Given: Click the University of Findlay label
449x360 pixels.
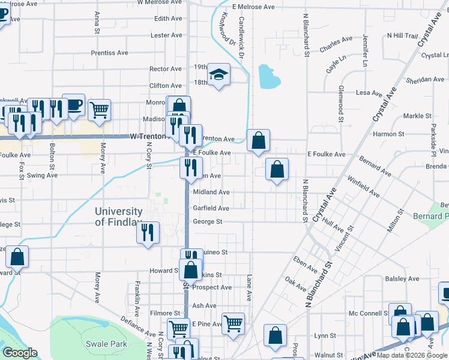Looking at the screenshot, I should tap(118, 217).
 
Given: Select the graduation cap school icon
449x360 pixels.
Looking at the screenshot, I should tap(218, 74).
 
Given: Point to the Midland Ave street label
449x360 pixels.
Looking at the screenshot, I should tap(211, 192).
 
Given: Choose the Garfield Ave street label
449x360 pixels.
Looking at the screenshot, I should tap(211, 208).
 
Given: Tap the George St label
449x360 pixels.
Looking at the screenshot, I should tap(207, 222).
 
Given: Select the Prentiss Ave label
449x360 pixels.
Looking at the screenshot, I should tap(110, 53).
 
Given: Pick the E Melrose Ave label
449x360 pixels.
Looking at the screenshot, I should tap(253, 7).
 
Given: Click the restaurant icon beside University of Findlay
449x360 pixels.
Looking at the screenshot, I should tap(148, 232).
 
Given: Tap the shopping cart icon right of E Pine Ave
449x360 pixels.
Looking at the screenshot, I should tap(233, 323).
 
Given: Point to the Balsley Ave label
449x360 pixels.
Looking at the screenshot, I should tap(402, 279).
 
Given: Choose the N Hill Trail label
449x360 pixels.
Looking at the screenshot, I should tap(402, 35).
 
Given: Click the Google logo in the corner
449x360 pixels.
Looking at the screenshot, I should tap(20, 353).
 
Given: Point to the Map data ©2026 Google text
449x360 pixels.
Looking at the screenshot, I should tap(412, 355).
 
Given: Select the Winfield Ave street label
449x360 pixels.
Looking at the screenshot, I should tap(364, 187).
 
